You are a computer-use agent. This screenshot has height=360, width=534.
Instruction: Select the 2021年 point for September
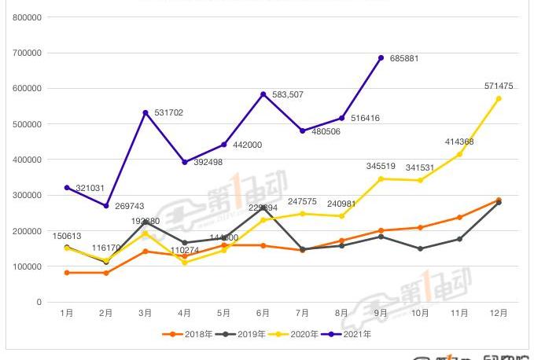tap(381, 57)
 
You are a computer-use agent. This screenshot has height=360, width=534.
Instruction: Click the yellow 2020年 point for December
tap(499, 98)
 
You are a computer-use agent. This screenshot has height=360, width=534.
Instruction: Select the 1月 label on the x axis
tap(67, 313)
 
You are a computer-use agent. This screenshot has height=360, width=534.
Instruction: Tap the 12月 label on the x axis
tap(499, 313)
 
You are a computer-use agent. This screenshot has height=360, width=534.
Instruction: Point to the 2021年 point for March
tap(145, 112)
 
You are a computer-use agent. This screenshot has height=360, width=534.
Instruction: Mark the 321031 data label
tap(90, 189)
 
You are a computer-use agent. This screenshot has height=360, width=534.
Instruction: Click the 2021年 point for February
tap(106, 206)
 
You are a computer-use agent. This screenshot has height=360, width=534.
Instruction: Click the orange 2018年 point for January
tap(67, 273)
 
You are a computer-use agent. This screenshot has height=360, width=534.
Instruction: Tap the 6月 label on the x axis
tap(263, 313)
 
